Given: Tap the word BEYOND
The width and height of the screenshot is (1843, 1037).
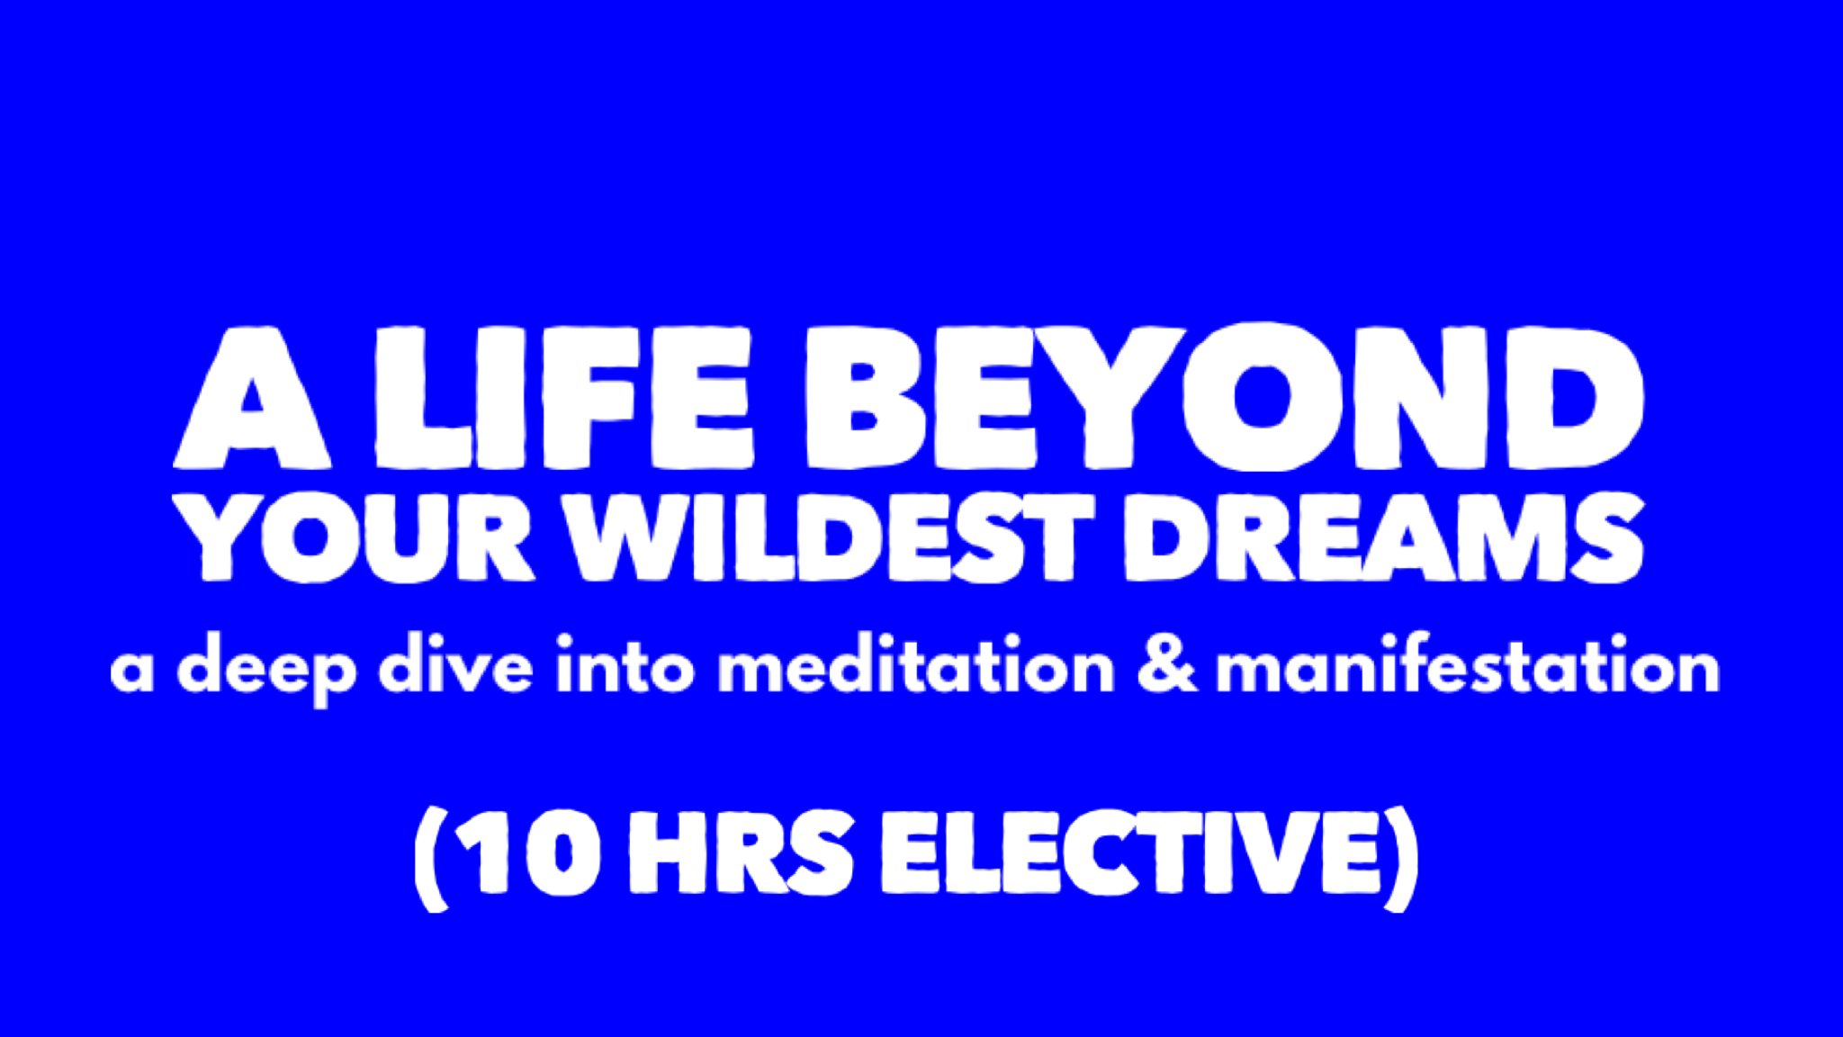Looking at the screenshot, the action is click(1224, 397).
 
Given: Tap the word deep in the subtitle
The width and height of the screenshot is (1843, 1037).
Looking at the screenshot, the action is click(267, 670).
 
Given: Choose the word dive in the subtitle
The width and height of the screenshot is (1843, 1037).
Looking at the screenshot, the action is click(455, 666).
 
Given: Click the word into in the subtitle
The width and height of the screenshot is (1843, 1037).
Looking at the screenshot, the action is click(625, 666).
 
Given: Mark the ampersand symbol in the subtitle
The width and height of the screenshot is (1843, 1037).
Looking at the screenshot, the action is click(1167, 666).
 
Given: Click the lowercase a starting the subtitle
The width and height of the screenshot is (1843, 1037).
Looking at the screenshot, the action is click(131, 672).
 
